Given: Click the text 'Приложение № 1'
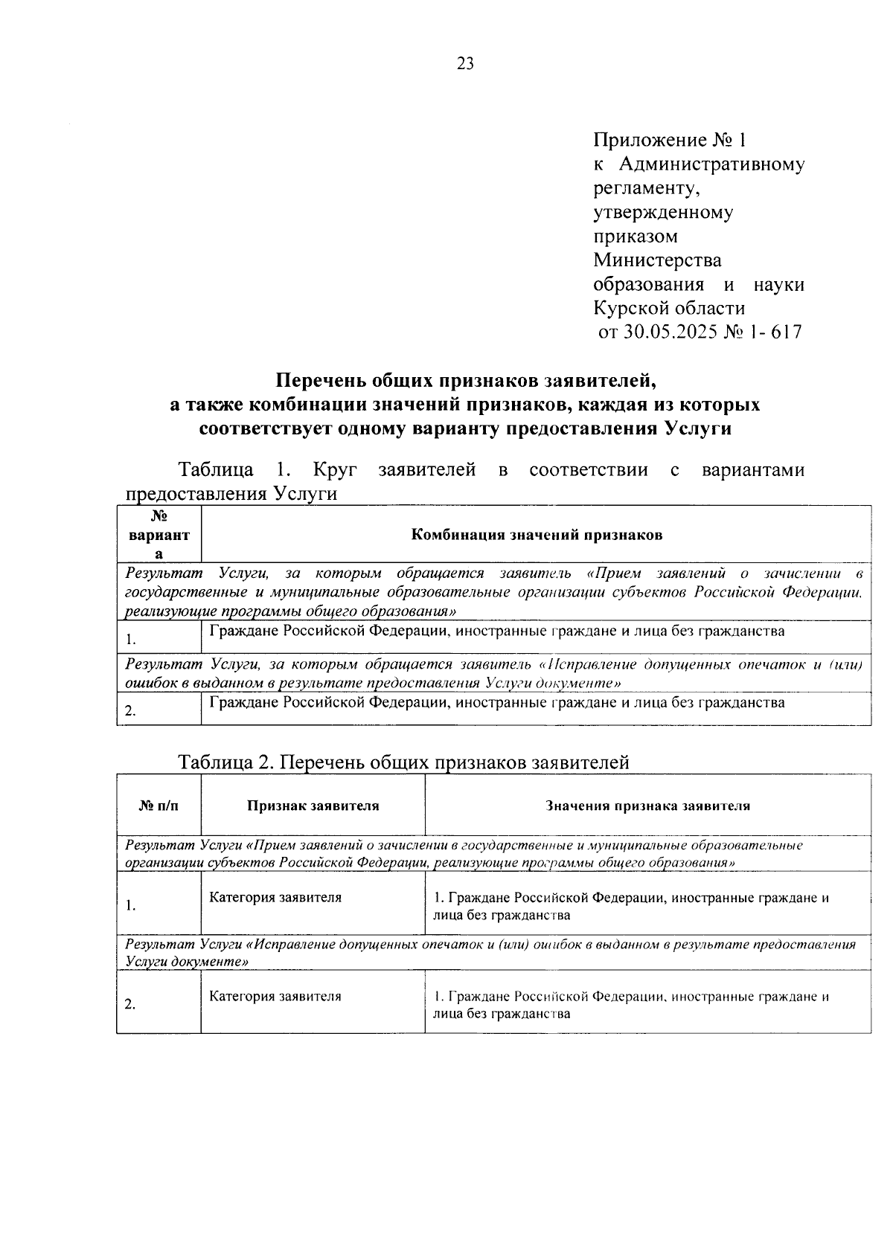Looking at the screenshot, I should pos(668,140).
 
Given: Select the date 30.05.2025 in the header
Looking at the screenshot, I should pos(669,332).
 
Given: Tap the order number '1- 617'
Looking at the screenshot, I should pos(776,332).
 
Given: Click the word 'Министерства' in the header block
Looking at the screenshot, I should pos(657,260).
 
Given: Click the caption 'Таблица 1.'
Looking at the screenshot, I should pos(233,470).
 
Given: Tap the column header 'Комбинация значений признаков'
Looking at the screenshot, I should pos(536,534).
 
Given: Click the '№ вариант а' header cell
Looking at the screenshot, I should pos(159,534).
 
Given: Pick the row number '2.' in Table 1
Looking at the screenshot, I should pos(130,710).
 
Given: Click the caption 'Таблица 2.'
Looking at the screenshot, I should pos(227,762).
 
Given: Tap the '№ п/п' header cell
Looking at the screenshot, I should pos(159,806).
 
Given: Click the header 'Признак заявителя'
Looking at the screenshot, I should pos(313,806).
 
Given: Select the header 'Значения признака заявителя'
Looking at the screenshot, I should pos(647,806).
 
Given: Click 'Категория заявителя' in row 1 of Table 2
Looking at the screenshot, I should pos(275,897).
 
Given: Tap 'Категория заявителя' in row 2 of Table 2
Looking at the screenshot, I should pos(275,996).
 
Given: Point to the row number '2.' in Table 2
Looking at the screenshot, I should pos(130,1004).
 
